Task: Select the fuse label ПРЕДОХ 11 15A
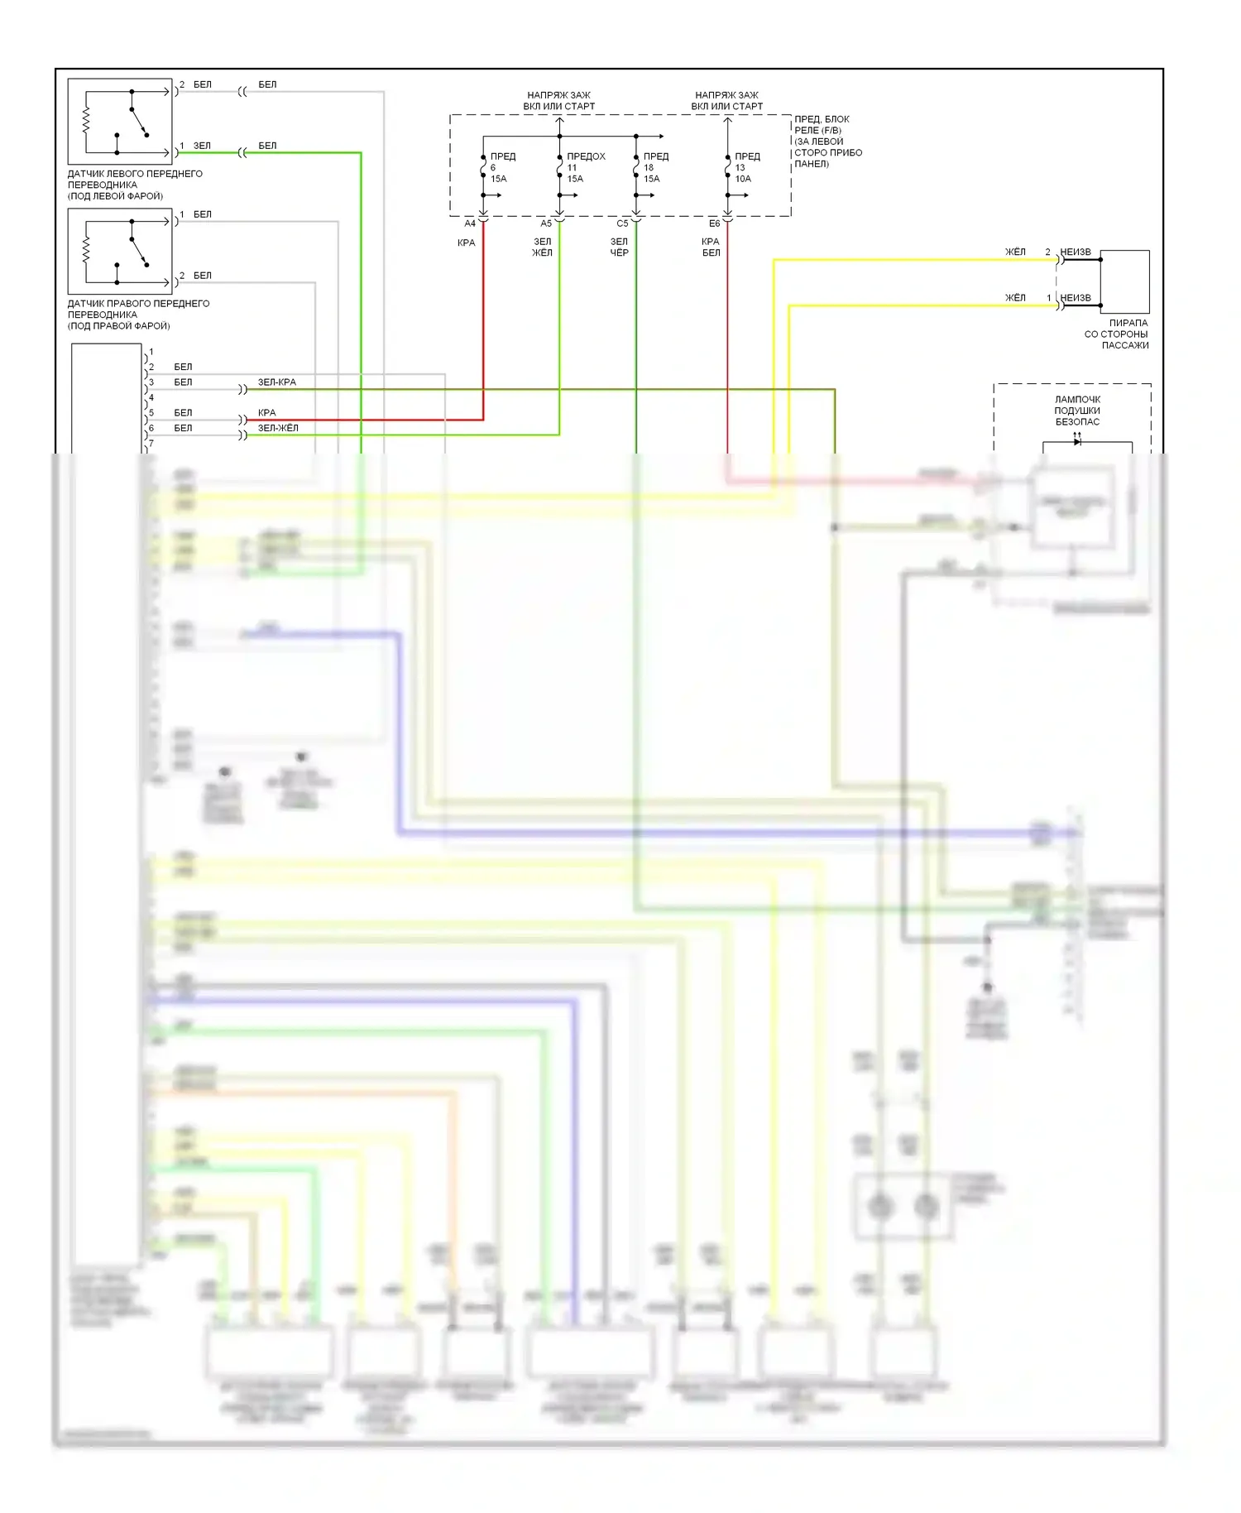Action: [584, 167]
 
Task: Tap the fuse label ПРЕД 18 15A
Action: [654, 167]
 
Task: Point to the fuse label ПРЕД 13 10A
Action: [745, 167]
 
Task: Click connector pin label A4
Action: [470, 223]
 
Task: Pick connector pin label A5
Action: [546, 223]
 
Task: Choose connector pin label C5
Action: [622, 223]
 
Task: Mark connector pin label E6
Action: [714, 223]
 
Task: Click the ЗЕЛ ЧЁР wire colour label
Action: [620, 247]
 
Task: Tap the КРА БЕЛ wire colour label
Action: [711, 247]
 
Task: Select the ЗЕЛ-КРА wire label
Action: [276, 382]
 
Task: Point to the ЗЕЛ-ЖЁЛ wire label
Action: [278, 428]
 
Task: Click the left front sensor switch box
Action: [120, 122]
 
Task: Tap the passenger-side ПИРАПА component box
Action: [1124, 281]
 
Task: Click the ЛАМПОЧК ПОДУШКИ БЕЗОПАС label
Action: [1077, 411]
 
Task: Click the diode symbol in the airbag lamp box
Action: [1077, 442]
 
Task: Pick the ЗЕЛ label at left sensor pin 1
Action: [202, 146]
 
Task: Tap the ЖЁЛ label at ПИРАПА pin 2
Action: [1015, 252]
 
